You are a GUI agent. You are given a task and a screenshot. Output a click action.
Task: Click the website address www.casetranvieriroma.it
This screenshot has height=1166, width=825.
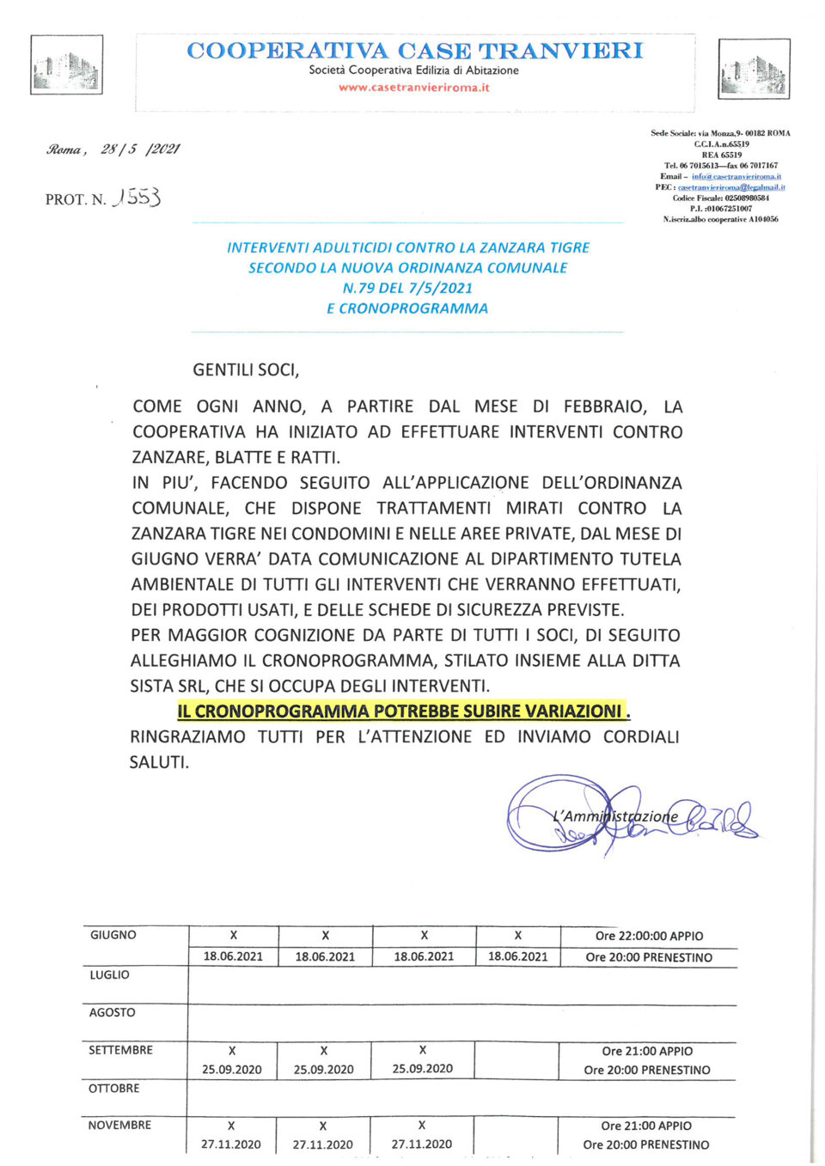tap(413, 88)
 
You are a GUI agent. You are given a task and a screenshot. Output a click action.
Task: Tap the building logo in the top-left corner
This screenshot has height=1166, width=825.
tap(66, 65)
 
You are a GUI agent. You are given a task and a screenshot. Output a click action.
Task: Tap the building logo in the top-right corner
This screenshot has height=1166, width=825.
tap(754, 69)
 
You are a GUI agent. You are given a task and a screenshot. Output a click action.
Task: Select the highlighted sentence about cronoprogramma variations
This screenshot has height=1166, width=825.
tap(403, 711)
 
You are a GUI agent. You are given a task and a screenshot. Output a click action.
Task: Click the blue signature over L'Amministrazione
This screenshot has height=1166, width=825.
tap(632, 815)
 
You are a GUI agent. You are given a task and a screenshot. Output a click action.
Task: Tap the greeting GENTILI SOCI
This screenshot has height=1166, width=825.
tap(246, 370)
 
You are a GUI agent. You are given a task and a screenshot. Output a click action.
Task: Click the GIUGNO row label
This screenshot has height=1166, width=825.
tap(113, 935)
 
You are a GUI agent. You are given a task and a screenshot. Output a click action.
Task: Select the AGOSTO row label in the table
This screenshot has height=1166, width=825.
tap(113, 1012)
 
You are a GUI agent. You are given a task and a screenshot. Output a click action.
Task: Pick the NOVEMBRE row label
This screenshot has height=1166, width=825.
tap(119, 1125)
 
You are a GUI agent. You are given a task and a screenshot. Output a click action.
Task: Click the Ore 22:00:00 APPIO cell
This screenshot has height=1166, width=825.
tap(649, 936)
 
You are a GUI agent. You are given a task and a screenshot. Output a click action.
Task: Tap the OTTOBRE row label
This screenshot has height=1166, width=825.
tap(113, 1088)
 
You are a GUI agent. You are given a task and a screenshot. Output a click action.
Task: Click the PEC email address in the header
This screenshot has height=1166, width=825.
tap(731, 187)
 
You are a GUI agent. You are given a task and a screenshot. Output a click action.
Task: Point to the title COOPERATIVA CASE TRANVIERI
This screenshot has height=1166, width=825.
tap(414, 51)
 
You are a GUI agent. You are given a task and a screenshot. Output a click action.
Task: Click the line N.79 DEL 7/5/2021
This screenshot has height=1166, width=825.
tap(407, 288)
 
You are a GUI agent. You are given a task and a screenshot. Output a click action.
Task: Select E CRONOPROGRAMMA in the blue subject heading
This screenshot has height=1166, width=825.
tap(407, 308)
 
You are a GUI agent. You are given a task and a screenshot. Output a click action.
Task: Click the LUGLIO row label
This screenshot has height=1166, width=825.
tap(110, 974)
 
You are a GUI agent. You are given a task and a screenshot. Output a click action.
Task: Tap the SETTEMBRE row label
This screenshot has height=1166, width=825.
tap(120, 1050)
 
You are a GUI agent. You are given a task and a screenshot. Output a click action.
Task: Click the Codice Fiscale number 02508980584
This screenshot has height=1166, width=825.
tap(747, 198)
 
